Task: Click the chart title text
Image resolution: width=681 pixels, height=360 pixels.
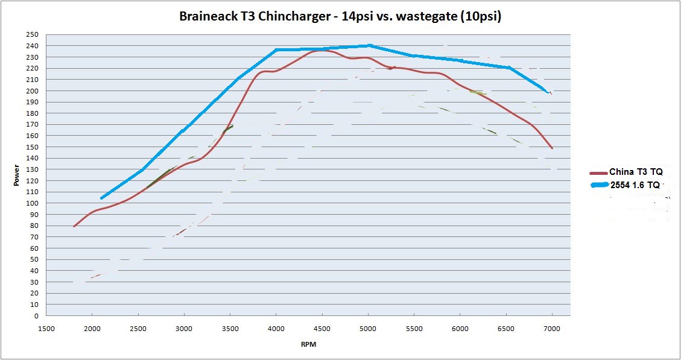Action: [x=340, y=16]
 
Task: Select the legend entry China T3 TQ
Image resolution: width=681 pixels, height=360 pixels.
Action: [x=636, y=172]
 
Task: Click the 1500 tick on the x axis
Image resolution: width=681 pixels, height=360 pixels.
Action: [x=46, y=329]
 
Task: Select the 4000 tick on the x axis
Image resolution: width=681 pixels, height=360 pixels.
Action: [x=276, y=329]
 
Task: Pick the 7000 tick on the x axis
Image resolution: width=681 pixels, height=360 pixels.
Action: [x=552, y=329]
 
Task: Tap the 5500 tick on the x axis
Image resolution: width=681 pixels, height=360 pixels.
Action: [x=414, y=329]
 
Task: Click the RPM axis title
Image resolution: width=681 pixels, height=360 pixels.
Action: [x=308, y=346]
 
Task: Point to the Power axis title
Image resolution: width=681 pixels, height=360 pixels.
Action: [x=17, y=175]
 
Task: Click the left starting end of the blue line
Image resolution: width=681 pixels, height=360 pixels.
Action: [x=102, y=198]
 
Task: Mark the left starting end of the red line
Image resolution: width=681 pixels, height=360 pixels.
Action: [x=74, y=226]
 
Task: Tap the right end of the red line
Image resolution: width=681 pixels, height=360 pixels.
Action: [x=552, y=148]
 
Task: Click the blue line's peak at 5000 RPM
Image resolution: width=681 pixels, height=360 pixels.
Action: [x=369, y=45]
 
